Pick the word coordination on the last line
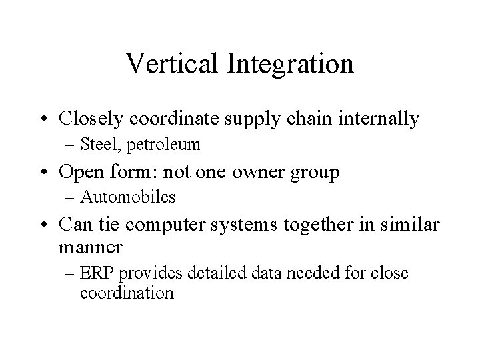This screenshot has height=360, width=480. [x=127, y=293]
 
